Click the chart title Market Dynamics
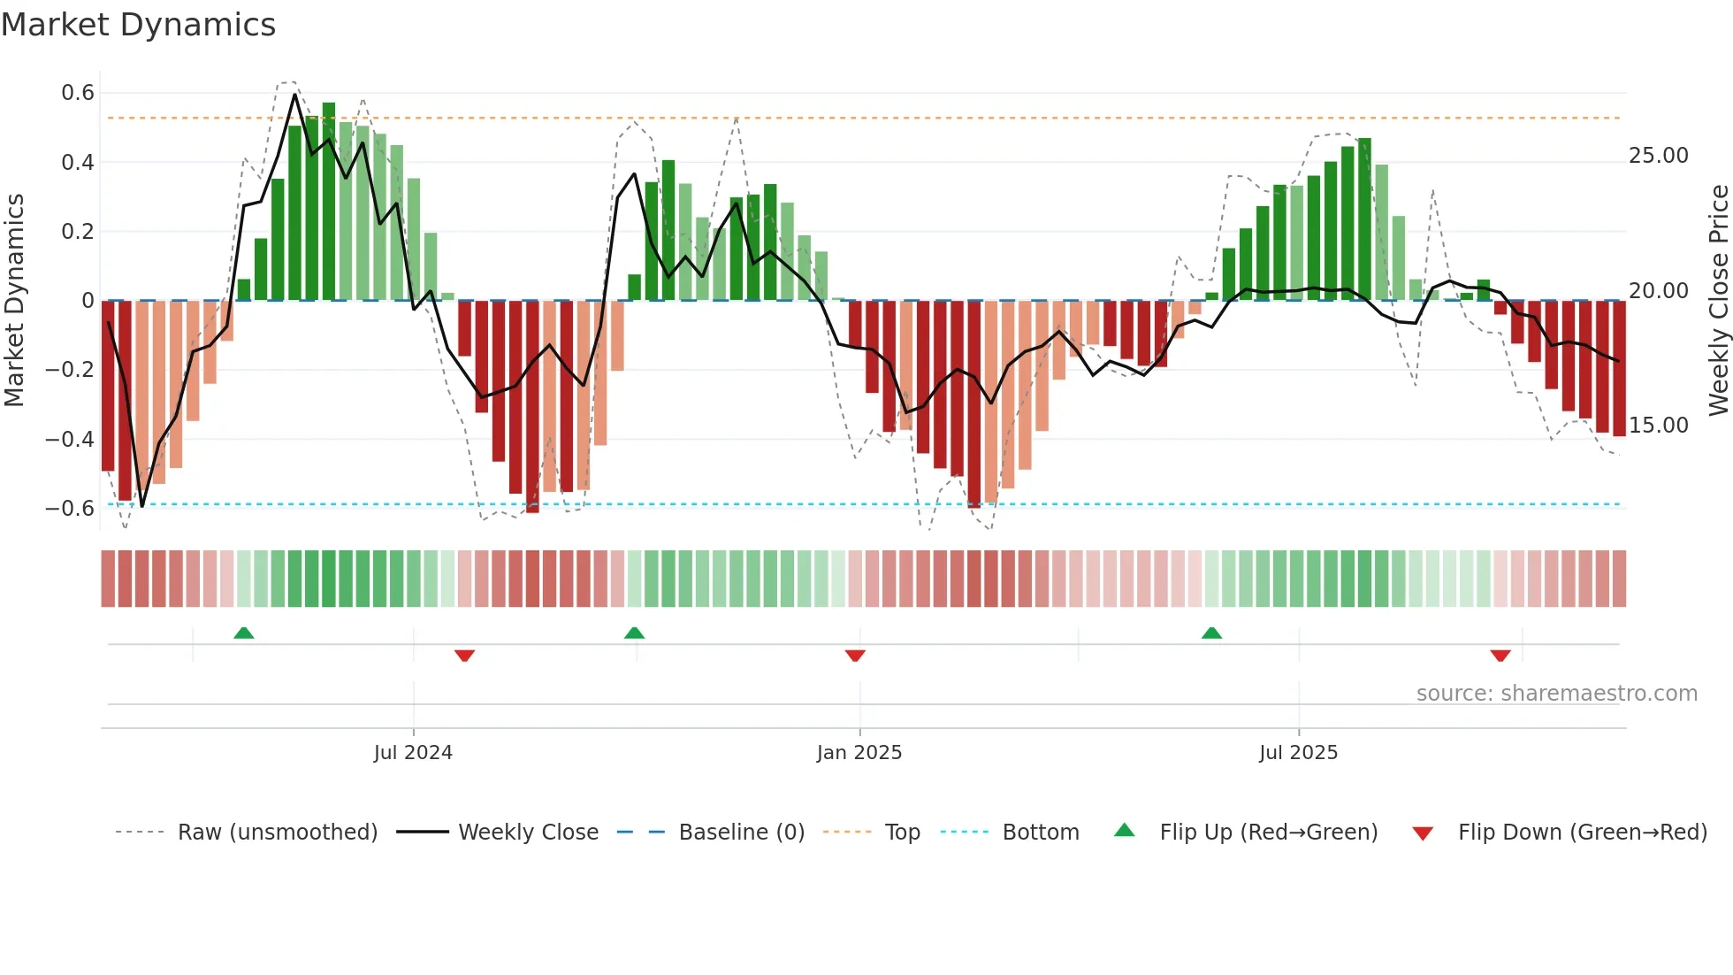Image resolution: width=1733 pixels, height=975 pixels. point(139,25)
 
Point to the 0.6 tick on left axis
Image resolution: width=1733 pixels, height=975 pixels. point(78,93)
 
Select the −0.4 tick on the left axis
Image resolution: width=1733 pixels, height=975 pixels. point(70,439)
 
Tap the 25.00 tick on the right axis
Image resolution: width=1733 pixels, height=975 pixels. point(1658,156)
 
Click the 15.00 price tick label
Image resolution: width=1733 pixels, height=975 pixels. point(1658,426)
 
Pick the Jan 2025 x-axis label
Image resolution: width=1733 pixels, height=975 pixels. point(859,753)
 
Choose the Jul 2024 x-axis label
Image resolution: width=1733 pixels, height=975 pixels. point(413,753)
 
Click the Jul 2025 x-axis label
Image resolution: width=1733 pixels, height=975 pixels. point(1298,753)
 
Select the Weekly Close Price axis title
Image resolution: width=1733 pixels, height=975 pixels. point(1718,300)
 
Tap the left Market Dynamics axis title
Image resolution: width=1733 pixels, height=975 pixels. point(14,300)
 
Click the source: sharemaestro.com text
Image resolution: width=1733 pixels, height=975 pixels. point(1556,694)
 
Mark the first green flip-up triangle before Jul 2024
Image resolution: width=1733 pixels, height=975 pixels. point(244,633)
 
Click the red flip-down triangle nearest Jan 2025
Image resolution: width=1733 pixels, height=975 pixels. point(855,656)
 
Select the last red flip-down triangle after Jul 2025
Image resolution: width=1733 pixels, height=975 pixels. point(1500,656)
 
